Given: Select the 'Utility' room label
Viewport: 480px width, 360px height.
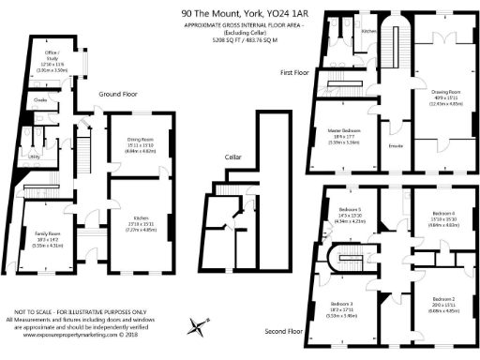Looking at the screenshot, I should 33,157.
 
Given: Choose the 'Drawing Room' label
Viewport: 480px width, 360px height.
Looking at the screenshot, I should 444,92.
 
